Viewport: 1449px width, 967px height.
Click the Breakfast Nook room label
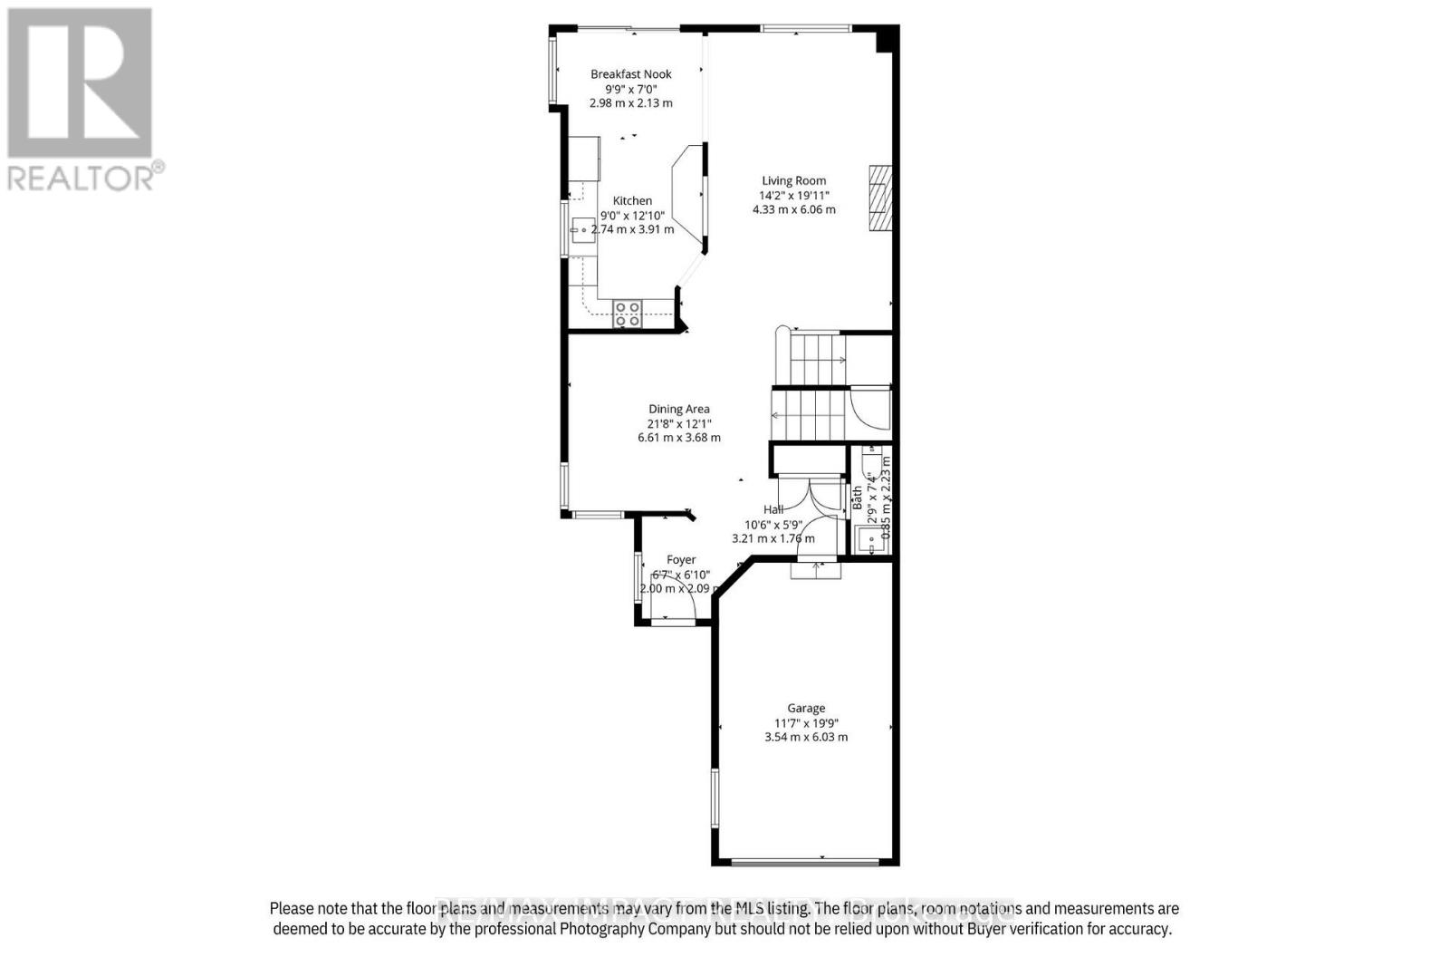pyautogui.click(x=631, y=74)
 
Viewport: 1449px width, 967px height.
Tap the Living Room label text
pyautogui.click(x=793, y=180)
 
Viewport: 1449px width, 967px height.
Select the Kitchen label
pyautogui.click(x=632, y=201)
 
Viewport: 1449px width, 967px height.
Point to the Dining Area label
pyautogui.click(x=679, y=409)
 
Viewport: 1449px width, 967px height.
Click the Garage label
pyautogui.click(x=806, y=709)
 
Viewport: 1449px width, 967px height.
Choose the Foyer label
pyautogui.click(x=681, y=560)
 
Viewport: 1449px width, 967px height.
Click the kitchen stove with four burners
pyautogui.click(x=628, y=314)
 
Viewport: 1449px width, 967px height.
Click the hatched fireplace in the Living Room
pyautogui.click(x=880, y=198)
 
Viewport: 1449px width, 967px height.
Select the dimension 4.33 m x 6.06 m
pyautogui.click(x=794, y=209)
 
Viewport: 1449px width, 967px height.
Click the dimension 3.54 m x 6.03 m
pyautogui.click(x=806, y=737)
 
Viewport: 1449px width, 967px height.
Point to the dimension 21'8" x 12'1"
pyautogui.click(x=679, y=423)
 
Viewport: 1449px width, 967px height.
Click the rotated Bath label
pyautogui.click(x=857, y=498)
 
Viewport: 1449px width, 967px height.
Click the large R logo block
pyautogui.click(x=80, y=82)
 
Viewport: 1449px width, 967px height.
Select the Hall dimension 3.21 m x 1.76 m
pyautogui.click(x=772, y=538)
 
